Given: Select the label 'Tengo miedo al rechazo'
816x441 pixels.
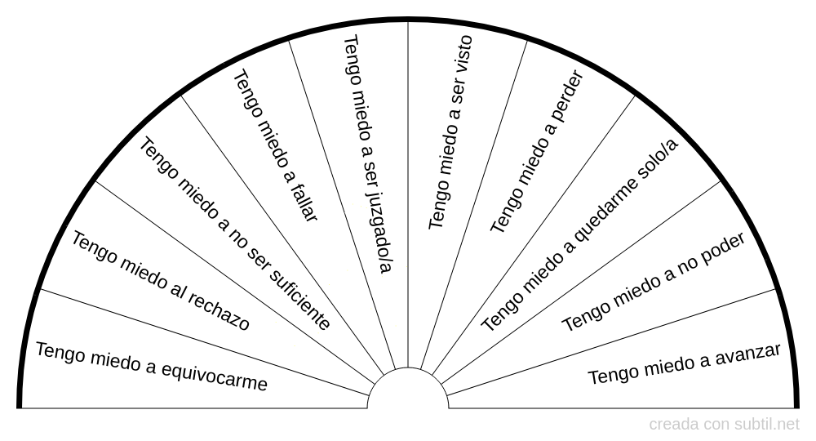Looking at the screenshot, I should tap(161, 281).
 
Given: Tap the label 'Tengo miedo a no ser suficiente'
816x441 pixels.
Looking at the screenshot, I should tap(235, 234).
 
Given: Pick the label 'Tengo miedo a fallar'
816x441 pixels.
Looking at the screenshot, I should tap(276, 146).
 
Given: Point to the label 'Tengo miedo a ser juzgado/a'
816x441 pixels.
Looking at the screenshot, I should tap(368, 154).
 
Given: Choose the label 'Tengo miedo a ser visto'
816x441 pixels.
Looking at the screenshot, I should tap(450, 133).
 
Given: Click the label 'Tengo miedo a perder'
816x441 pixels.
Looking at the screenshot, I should tap(538, 152).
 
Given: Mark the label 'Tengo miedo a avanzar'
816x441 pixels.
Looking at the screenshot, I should tap(684, 364).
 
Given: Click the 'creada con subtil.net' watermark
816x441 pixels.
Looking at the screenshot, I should tap(725, 425).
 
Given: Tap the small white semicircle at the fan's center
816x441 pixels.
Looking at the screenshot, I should tap(408, 391).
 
